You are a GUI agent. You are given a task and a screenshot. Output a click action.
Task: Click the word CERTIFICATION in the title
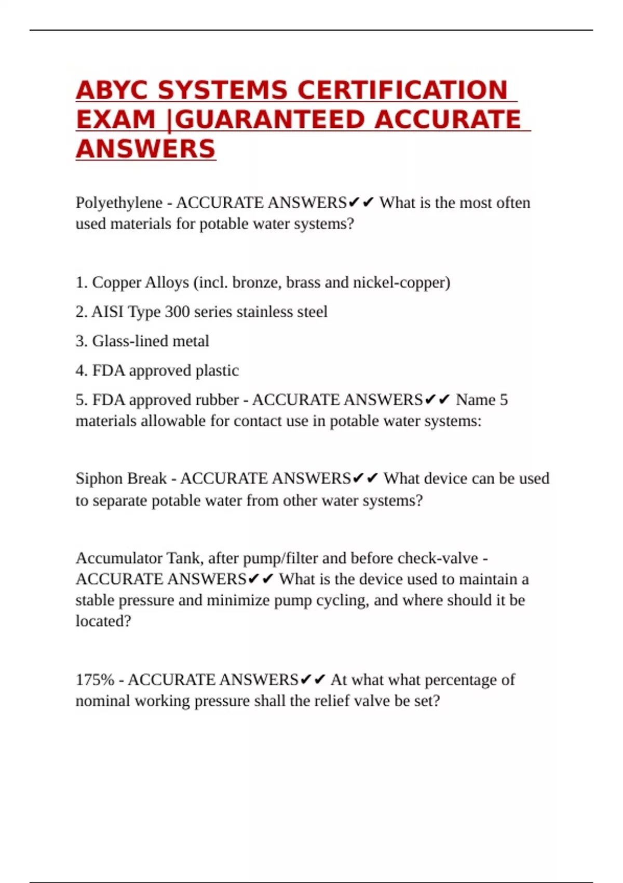click(402, 90)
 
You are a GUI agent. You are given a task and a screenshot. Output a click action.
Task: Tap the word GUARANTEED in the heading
click(270, 120)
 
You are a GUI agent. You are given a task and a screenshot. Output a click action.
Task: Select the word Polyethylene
click(119, 203)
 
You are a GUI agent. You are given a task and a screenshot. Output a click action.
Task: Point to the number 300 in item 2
click(177, 312)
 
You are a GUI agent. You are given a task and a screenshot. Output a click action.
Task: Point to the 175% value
click(94, 680)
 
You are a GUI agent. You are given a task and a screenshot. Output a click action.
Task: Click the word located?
click(103, 621)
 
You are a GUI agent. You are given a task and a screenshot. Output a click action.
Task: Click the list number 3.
click(81, 341)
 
